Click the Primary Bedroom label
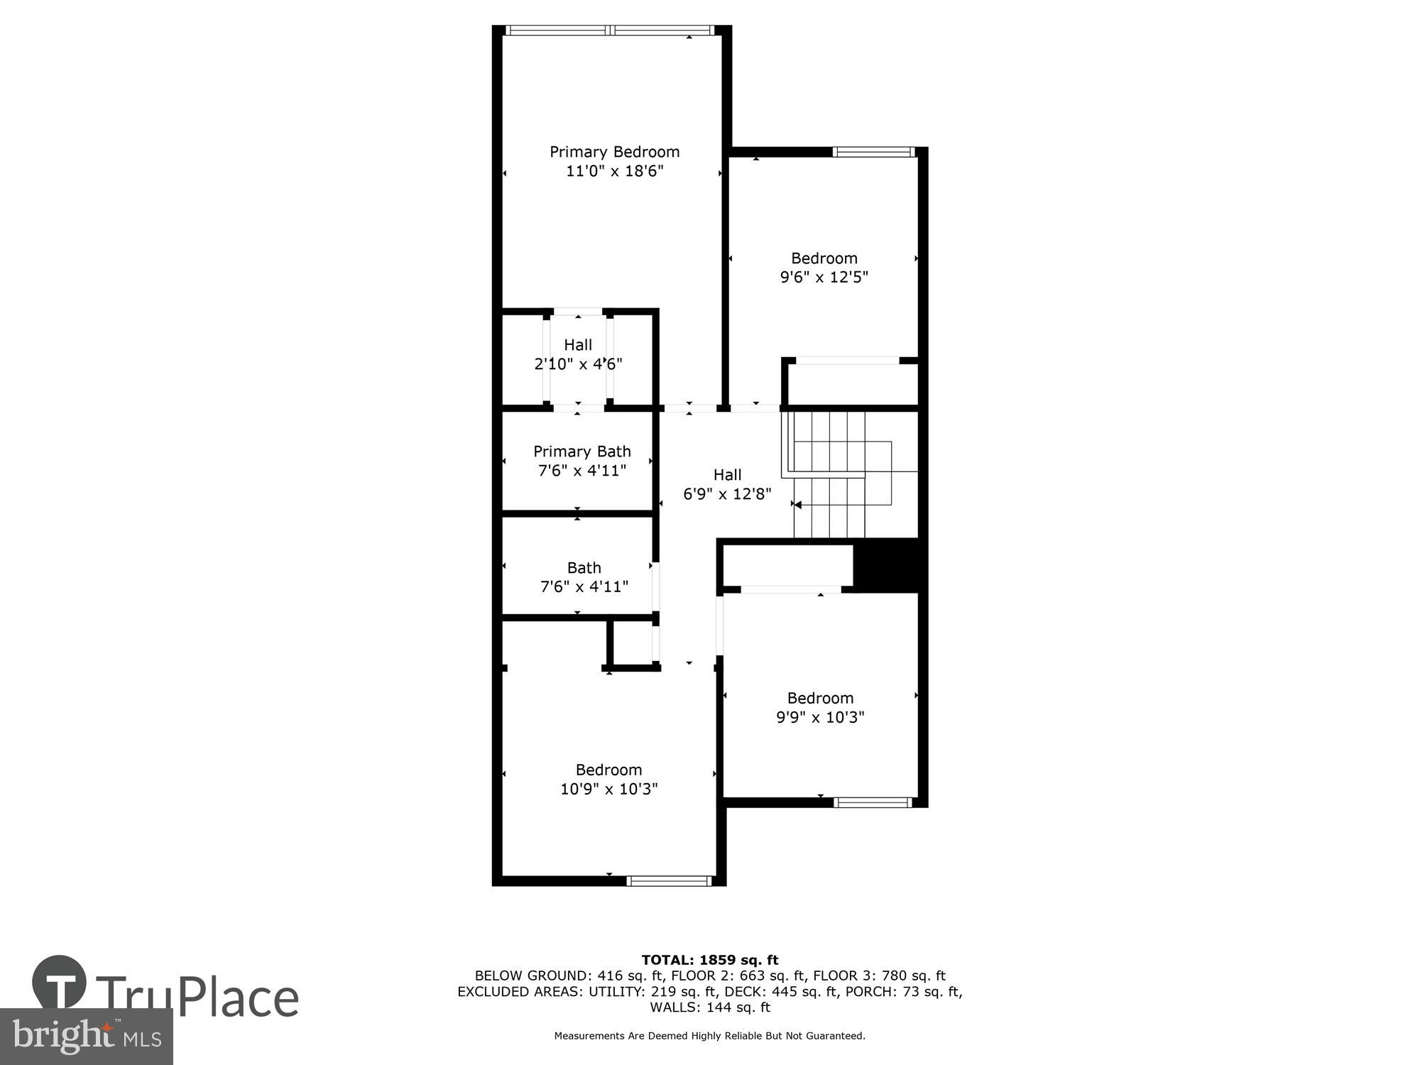(614, 152)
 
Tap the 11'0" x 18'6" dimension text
(614, 171)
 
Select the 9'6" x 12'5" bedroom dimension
(824, 277)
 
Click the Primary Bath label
(582, 452)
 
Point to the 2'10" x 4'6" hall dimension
(578, 364)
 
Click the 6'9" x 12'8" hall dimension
(727, 494)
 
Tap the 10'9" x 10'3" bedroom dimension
(608, 789)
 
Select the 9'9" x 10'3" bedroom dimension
(820, 717)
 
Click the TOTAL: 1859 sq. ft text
(710, 961)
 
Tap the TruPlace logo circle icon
(60, 983)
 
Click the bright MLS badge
(86, 1037)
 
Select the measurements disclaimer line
(710, 1036)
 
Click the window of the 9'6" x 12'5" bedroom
(873, 151)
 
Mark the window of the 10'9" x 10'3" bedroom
(669, 881)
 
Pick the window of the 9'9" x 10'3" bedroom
(873, 803)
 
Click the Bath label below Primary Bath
(584, 568)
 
